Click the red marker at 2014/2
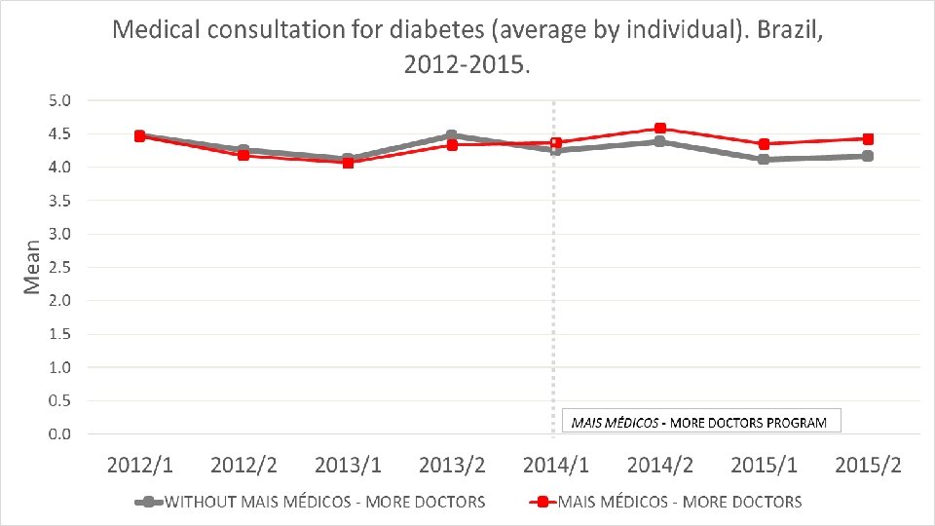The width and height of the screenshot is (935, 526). [660, 129]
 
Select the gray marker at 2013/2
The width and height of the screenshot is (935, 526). [451, 135]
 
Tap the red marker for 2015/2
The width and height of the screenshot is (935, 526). [868, 139]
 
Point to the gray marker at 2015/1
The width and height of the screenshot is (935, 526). [764, 159]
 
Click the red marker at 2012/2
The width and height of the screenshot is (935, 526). [243, 155]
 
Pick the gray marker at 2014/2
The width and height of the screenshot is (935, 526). [660, 141]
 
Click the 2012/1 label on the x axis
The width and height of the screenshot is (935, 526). [139, 466]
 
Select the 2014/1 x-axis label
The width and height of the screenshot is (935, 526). [556, 466]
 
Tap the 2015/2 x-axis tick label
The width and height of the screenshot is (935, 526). [868, 466]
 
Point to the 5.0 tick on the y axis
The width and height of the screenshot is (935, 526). [59, 100]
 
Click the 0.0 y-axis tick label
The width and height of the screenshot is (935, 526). [59, 433]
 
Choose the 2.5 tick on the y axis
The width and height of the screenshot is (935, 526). [59, 267]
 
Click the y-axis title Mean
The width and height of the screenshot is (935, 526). [31, 267]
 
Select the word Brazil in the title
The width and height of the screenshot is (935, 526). [790, 29]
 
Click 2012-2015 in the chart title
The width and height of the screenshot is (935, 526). [467, 64]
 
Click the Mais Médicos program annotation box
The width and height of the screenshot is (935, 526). [701, 421]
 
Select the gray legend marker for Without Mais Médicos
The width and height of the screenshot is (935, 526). [149, 503]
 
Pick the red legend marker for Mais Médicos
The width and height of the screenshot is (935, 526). [542, 503]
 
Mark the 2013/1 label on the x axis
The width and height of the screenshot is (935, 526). [348, 466]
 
